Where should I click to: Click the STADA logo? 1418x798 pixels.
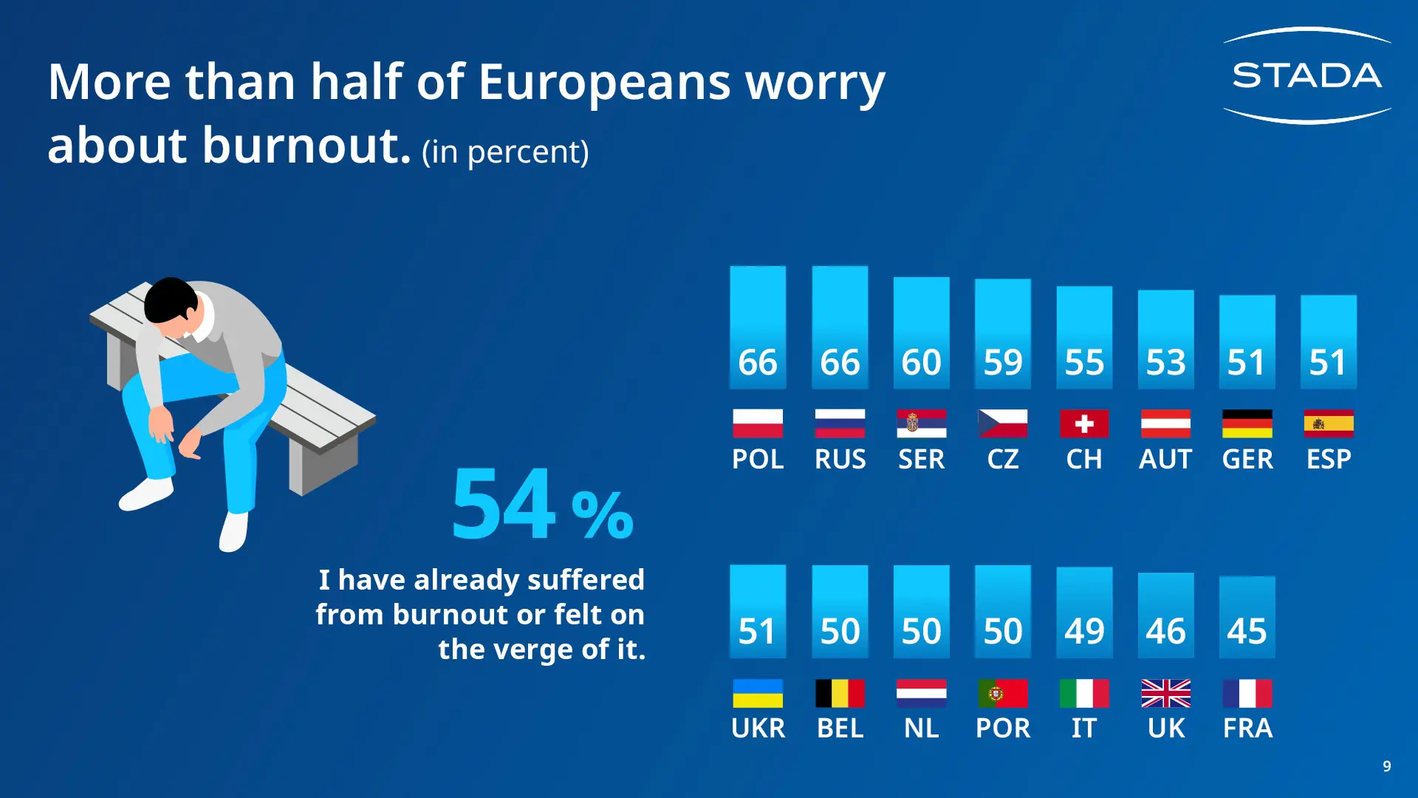pos(1307,75)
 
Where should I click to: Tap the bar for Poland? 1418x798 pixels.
pos(758,327)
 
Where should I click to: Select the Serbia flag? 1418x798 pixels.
pos(921,423)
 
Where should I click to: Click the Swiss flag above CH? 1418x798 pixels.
pos(1084,423)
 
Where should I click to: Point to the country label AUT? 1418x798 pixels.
pos(1165,460)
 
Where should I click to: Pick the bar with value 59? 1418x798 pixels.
pos(1002,333)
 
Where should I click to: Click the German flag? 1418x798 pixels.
pos(1247,423)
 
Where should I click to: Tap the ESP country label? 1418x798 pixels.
pos(1329,460)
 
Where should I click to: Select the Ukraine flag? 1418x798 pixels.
pos(758,693)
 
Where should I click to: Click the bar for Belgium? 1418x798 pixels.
pos(840,611)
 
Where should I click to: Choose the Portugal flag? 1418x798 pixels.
pos(1002,693)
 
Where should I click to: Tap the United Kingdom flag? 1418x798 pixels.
pos(1165,693)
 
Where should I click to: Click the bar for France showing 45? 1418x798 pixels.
pos(1247,617)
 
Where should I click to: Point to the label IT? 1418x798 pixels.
pos(1084,729)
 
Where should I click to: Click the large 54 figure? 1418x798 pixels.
pos(504,504)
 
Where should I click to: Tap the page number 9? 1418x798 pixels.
pos(1386,766)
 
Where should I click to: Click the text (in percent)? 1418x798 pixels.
pos(505,152)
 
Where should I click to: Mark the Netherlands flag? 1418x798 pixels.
pos(921,693)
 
